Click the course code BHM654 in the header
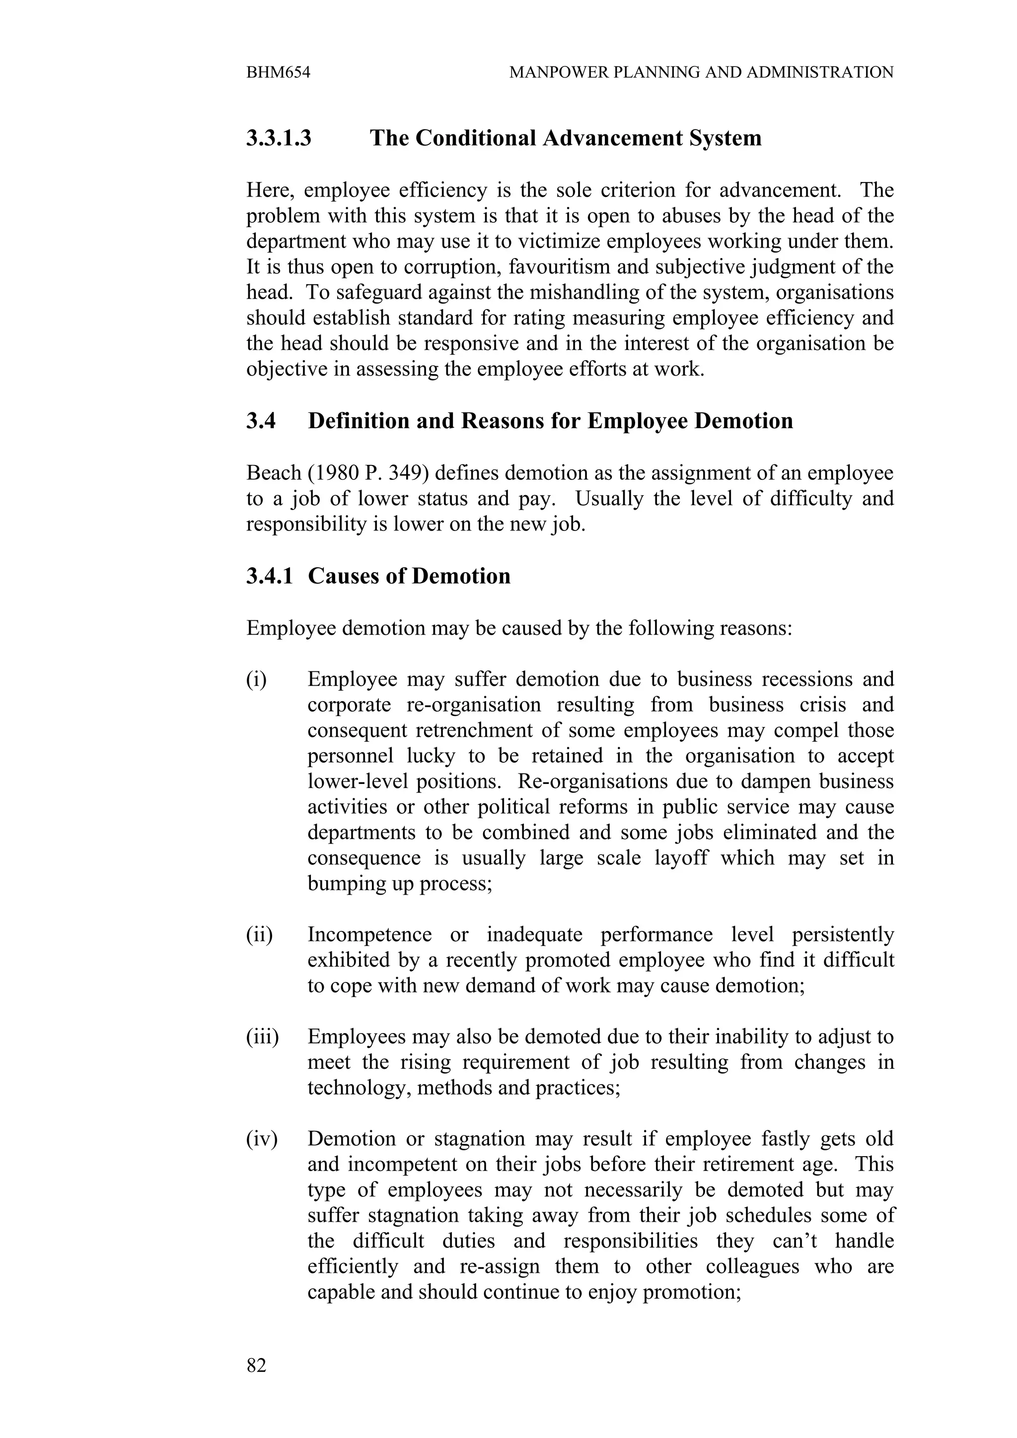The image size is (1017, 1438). click(x=278, y=72)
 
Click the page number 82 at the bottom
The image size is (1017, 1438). click(x=256, y=1365)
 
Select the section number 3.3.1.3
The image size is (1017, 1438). click(x=278, y=138)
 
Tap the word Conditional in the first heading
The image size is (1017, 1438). click(x=476, y=138)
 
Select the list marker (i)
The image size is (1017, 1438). click(x=256, y=679)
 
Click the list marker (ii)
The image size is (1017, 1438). click(x=259, y=934)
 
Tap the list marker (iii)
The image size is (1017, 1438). click(x=262, y=1037)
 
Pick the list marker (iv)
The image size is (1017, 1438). click(x=261, y=1139)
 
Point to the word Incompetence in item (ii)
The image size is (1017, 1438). click(x=369, y=934)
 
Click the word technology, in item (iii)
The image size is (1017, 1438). click(x=359, y=1088)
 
